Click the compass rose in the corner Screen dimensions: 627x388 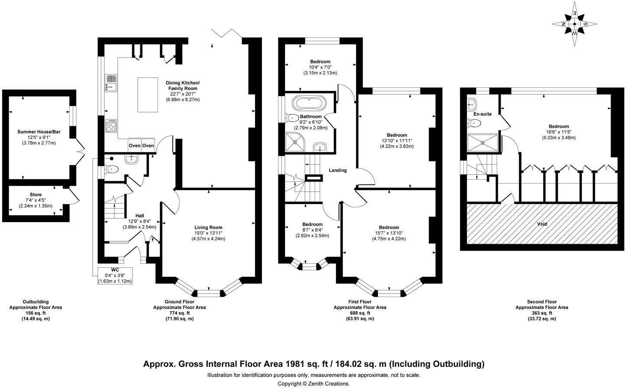[x=574, y=24]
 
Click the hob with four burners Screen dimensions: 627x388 [x=111, y=126]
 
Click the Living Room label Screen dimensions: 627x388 [x=208, y=227]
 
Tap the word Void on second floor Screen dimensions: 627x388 [x=542, y=224]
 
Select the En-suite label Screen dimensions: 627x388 [x=482, y=114]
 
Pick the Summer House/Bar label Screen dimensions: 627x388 [x=37, y=132]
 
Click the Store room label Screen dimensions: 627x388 [x=36, y=195]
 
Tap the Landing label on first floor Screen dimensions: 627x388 [x=337, y=170]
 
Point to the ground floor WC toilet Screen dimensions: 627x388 [x=112, y=169]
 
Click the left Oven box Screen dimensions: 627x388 [x=134, y=145]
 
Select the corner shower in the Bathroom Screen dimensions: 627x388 [x=295, y=142]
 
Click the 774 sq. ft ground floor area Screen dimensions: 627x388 [x=179, y=313]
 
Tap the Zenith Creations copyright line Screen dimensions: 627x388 [x=313, y=383]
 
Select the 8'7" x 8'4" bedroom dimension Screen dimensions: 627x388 [x=312, y=230]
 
